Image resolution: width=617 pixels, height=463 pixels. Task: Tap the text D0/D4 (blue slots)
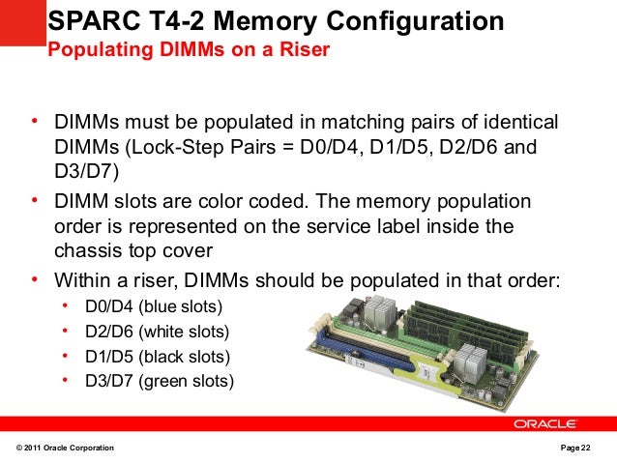[x=154, y=307]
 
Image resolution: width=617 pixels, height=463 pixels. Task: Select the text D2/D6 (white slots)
[x=158, y=332]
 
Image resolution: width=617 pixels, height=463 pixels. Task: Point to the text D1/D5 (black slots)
[x=158, y=356]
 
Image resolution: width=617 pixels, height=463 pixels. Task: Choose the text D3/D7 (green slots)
[x=160, y=380]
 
